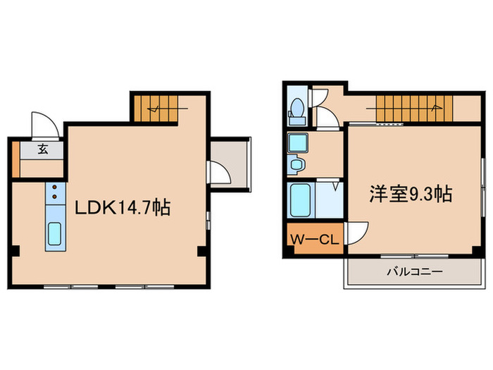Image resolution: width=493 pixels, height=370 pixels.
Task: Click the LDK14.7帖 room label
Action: tap(123, 209)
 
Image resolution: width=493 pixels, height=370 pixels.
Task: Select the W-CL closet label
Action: tap(314, 239)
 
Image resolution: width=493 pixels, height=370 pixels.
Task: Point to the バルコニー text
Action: tap(413, 272)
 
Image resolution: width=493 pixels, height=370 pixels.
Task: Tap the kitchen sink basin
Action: tap(54, 235)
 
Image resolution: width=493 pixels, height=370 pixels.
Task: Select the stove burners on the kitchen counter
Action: tap(54, 193)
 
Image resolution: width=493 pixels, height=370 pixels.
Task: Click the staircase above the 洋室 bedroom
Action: tap(412, 109)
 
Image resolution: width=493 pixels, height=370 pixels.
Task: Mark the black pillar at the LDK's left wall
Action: tap(15, 252)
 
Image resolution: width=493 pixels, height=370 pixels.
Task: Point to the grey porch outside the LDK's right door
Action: tap(231, 163)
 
